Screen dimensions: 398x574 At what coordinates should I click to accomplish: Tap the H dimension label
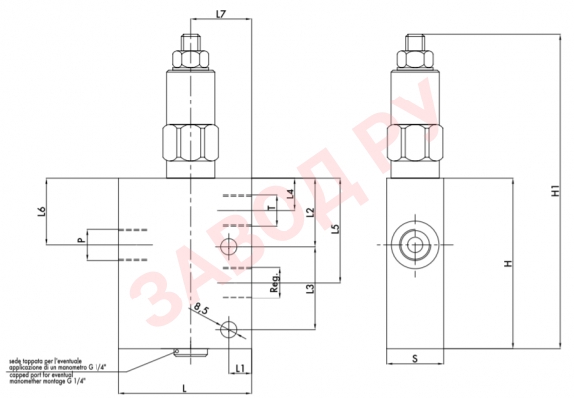[507, 264]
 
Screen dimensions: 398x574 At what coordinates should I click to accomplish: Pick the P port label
[80, 242]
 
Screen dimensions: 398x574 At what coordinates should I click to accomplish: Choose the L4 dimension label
[289, 194]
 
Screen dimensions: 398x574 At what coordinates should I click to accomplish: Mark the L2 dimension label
[310, 212]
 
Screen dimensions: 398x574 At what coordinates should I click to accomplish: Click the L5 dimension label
[336, 228]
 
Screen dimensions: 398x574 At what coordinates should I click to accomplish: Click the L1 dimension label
[241, 369]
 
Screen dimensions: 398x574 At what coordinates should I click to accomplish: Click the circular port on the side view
[411, 243]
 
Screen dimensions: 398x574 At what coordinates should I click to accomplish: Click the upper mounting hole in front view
[230, 246]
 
